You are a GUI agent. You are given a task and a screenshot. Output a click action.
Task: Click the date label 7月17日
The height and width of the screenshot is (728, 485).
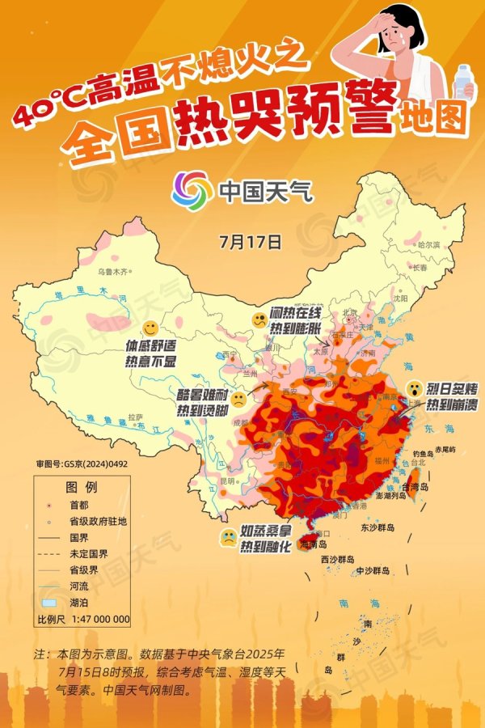[x=250, y=241]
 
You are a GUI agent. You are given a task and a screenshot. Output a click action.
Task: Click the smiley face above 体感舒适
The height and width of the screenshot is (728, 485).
[x=128, y=328]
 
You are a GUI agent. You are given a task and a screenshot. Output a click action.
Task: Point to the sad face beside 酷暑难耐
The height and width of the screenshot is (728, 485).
[x=240, y=399]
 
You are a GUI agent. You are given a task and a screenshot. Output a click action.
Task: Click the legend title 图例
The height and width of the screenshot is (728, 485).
[x=82, y=489]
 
